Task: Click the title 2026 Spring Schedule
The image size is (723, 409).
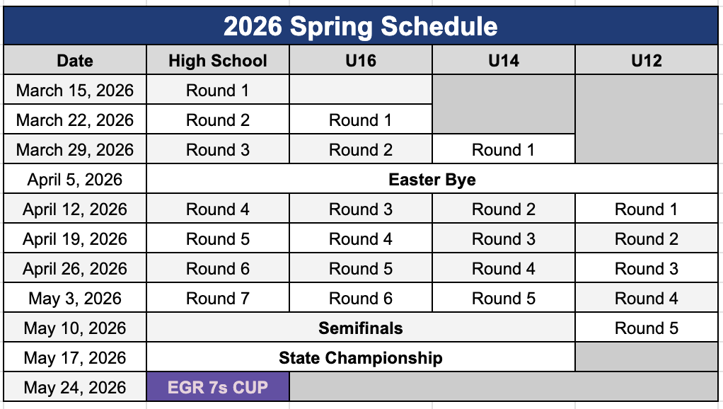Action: point(361,26)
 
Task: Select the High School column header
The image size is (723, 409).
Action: point(218,60)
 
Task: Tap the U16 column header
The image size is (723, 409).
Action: point(361,60)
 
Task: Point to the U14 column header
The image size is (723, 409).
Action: point(504,60)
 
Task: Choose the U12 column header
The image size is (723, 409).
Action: point(647,60)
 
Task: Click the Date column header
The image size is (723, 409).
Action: point(75,60)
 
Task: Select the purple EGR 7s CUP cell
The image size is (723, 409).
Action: point(218,387)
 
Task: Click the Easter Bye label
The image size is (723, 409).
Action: point(432,179)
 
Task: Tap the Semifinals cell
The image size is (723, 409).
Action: point(361,328)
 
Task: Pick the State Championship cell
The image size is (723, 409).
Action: point(361,358)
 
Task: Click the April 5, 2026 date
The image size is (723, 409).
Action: point(75,179)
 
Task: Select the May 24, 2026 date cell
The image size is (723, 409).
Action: point(75,387)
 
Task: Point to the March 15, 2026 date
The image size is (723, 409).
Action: point(75,91)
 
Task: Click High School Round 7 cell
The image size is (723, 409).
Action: point(218,299)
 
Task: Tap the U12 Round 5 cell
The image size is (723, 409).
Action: point(647,328)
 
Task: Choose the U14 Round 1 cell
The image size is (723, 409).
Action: point(504,149)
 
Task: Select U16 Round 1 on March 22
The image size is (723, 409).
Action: point(361,120)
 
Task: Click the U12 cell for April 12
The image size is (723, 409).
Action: point(647,209)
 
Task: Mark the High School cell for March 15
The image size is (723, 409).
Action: point(218,91)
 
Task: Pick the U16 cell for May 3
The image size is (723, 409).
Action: point(361,299)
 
